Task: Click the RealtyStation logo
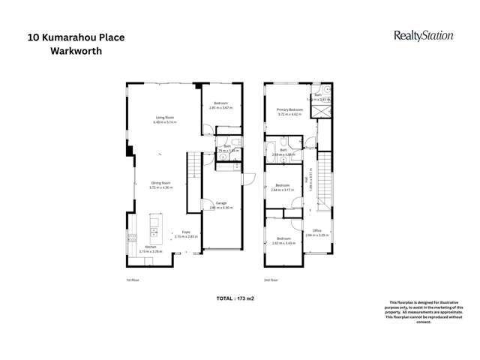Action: [x=423, y=35]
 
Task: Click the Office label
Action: [x=317, y=232]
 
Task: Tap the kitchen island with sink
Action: [x=156, y=225]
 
